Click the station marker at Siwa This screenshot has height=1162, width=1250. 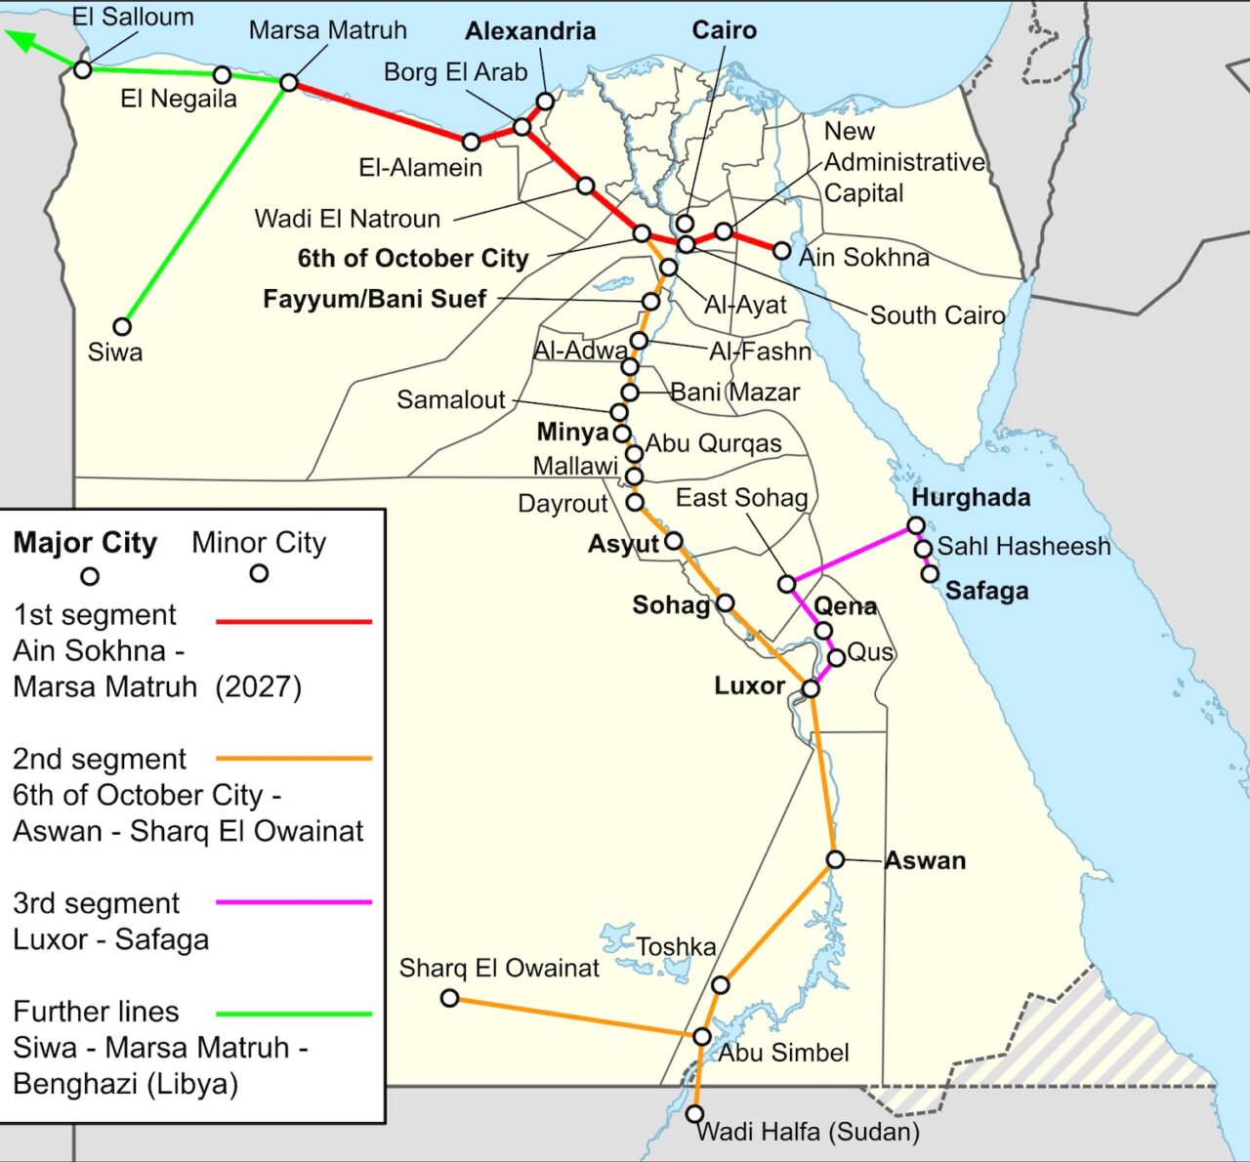[x=122, y=326]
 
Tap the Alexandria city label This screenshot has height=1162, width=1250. [x=530, y=31]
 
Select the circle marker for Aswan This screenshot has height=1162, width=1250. [x=835, y=859]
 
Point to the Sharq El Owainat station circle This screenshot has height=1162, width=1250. [x=449, y=998]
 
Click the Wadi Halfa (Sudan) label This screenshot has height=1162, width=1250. [x=809, y=1132]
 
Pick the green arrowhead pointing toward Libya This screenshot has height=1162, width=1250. [x=21, y=40]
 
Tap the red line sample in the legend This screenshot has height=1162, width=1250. [x=293, y=621]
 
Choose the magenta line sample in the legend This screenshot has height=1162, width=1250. [x=293, y=902]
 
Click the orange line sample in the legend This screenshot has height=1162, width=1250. [x=293, y=758]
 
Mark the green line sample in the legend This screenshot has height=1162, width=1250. [x=293, y=1014]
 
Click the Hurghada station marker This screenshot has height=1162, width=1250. [x=916, y=525]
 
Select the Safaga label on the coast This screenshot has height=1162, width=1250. [x=986, y=591]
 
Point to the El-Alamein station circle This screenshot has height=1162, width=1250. [x=471, y=142]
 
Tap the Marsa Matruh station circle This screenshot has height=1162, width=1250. [x=289, y=82]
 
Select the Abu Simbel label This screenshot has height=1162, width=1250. [x=784, y=1053]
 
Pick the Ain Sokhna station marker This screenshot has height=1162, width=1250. [x=781, y=251]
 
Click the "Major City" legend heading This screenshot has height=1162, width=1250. [x=85, y=543]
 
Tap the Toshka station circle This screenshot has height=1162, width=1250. [x=720, y=985]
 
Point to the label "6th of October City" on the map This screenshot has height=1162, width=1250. [x=413, y=259]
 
